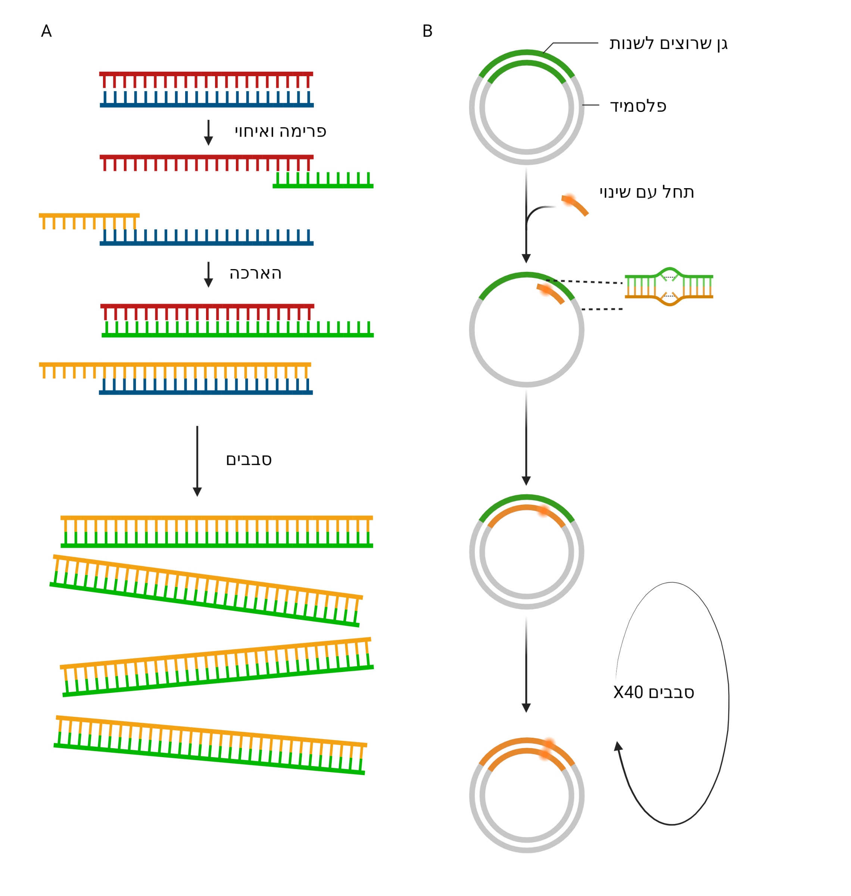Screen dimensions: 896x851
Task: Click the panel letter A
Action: pos(46,31)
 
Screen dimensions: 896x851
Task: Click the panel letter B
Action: pos(427,31)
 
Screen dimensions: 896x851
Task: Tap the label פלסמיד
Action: pos(638,106)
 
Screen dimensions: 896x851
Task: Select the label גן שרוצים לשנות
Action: pos(668,44)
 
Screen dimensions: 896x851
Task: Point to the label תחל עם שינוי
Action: pos(646,192)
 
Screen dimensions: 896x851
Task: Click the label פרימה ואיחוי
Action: pos(280,131)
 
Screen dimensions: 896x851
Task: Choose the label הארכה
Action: pos(255,274)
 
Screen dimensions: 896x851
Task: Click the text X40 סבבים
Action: pos(653,692)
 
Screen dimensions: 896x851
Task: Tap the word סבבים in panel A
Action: pos(249,460)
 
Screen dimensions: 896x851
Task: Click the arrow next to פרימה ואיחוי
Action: pos(209,133)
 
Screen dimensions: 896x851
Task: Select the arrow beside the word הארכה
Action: pos(209,274)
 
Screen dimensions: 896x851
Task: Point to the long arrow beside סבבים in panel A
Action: pos(197,460)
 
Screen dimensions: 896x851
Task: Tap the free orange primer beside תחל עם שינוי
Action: pos(575,205)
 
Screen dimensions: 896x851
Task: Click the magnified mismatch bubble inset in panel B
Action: pos(668,287)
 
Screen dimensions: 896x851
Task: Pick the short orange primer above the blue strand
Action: pos(89,221)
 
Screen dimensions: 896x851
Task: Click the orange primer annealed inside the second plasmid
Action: pos(551,293)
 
